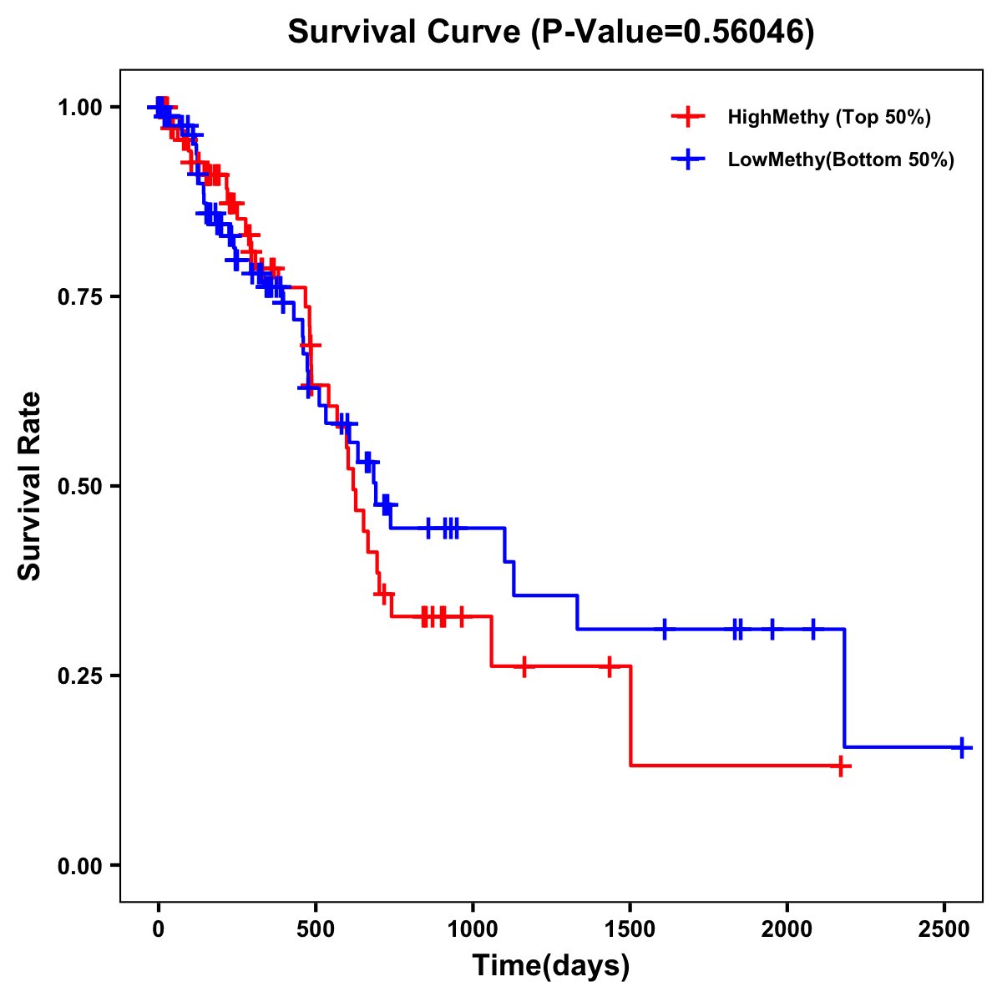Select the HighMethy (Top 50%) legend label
829,117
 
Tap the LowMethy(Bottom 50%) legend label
841,159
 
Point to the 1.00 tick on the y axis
80,108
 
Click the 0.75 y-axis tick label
80,297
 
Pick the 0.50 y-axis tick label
80,487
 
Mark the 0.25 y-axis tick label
80,676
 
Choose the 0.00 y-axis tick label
80,866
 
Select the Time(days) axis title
551,966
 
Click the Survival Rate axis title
30,486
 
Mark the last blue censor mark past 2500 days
961,747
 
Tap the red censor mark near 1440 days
610,666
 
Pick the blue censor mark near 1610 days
665,629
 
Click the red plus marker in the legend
686,117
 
